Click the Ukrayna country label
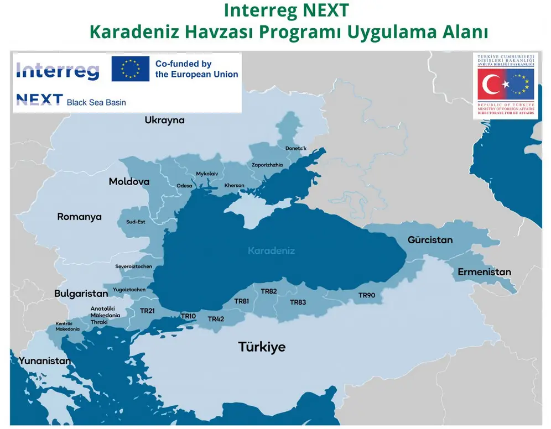pos(164,120)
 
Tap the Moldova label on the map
pos(129,181)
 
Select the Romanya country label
pos(80,217)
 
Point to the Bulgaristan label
pos(81,293)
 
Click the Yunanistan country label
pos(45,361)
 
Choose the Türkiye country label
pos(262,347)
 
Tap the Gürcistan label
pos(430,240)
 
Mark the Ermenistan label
pos(484,272)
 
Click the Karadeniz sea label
pos(271,250)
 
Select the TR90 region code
pos(366,295)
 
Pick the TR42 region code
pos(216,319)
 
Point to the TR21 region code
pos(147,311)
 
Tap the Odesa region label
pos(184,186)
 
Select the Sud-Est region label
pos(136,222)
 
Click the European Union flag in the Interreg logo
pos(130,69)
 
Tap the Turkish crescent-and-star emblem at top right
pos(494,85)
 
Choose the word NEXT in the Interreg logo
pos(39,100)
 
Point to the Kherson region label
pos(234,185)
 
